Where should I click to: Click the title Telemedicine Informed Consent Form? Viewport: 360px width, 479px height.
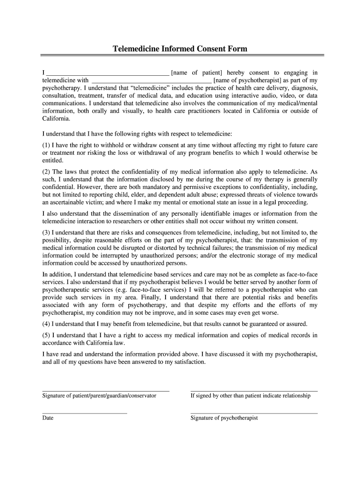coord(180,49)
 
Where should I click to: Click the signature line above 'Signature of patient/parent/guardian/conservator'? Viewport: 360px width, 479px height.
coord(106,391)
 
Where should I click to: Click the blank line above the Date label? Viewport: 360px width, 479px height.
coord(85,413)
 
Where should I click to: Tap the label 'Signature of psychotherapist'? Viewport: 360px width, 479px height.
coord(224,418)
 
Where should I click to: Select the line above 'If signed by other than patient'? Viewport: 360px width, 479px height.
coord(254,391)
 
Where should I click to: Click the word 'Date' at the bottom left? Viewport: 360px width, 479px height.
coord(48,418)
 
